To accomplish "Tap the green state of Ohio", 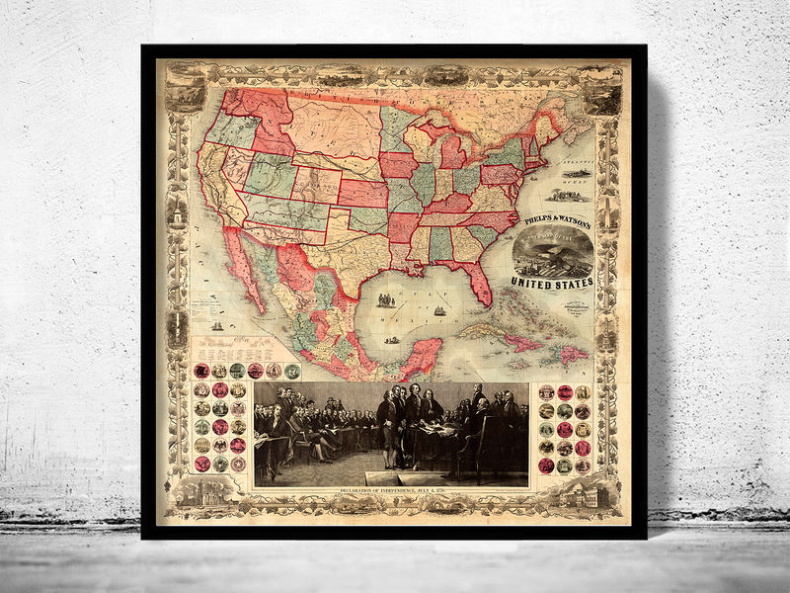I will point(463,178).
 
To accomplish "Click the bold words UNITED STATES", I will point(552,284).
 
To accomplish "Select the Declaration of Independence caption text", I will point(391,492).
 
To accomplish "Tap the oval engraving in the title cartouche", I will point(553,253).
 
